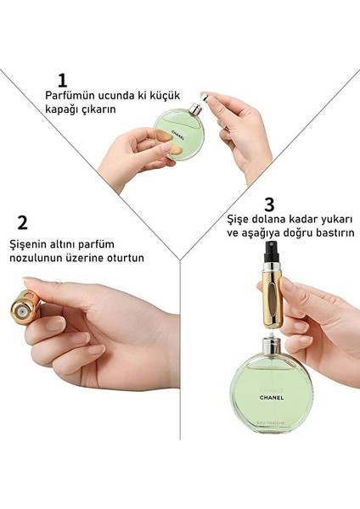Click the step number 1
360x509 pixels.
point(61,81)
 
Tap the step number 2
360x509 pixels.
point(23,223)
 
